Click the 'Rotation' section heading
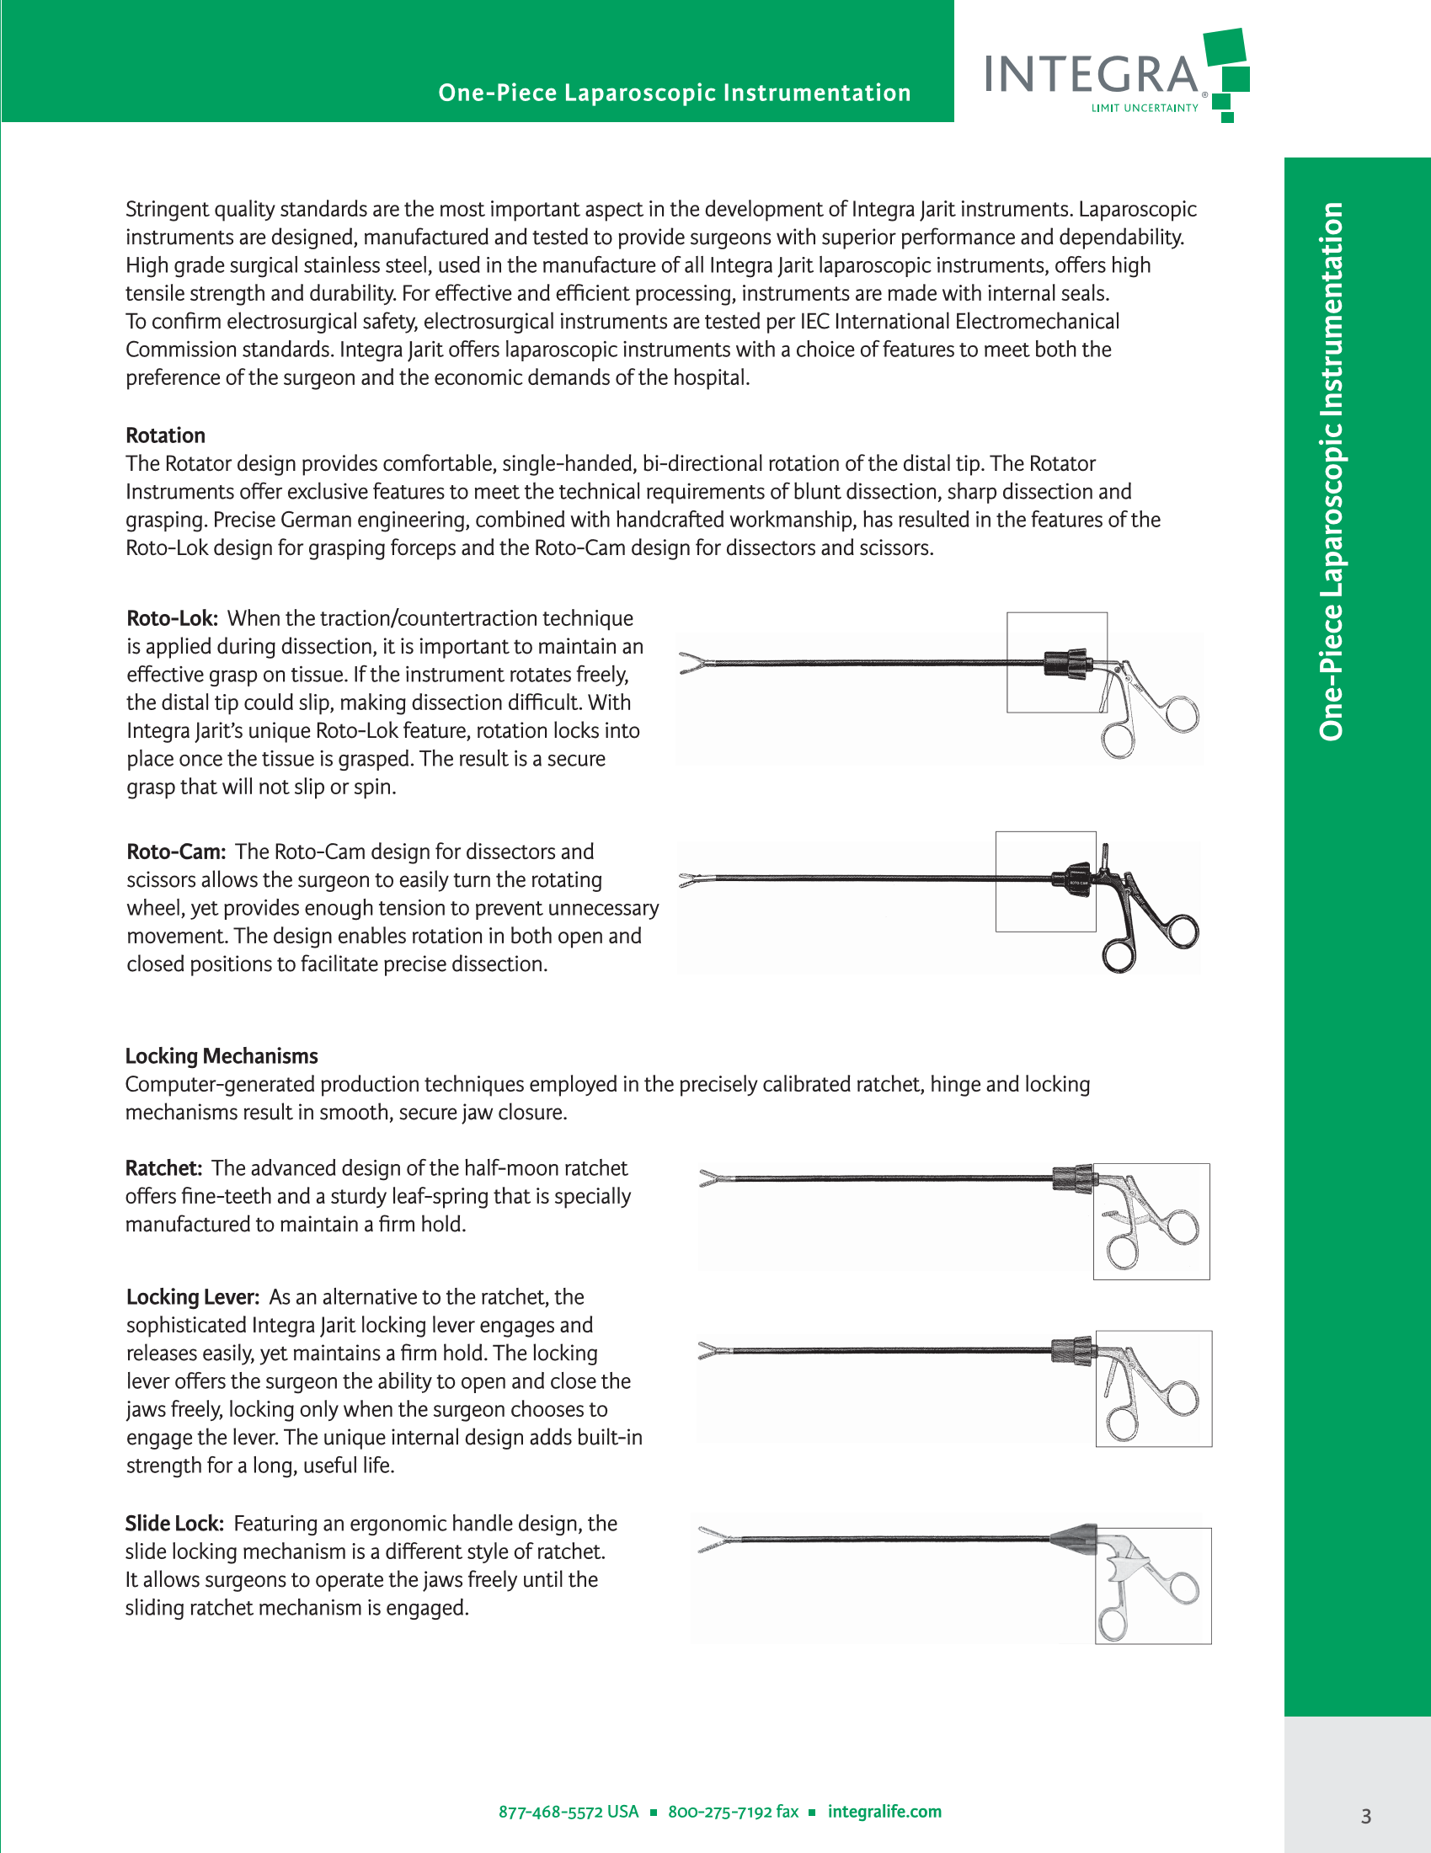click(165, 435)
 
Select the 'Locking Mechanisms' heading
click(222, 1055)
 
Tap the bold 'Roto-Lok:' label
click(172, 618)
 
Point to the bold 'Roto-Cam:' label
click(175, 852)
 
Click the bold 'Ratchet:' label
click(163, 1168)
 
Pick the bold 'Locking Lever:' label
click(193, 1297)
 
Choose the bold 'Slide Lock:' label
click(174, 1524)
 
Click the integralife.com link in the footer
click(884, 1812)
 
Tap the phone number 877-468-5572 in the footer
click(569, 1812)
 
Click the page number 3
click(1365, 1816)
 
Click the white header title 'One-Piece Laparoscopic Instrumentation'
click(675, 93)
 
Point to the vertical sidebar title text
click(1332, 471)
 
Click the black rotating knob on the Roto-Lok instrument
click(1066, 663)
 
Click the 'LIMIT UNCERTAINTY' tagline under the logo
click(1145, 108)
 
